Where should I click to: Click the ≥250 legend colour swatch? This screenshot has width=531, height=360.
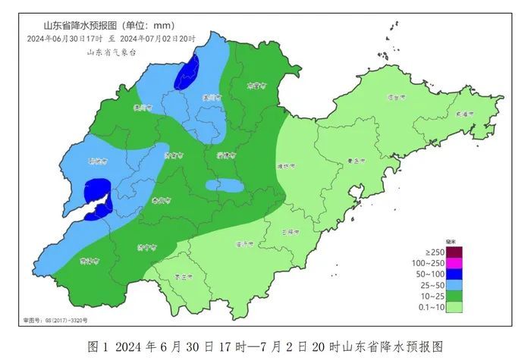454,252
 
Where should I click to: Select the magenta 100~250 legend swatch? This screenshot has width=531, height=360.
454,263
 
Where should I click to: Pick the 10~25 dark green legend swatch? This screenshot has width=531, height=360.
454,296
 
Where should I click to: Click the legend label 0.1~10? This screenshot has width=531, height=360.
430,308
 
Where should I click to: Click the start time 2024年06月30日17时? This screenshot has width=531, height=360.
65,39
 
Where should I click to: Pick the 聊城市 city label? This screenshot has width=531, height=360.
97,161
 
